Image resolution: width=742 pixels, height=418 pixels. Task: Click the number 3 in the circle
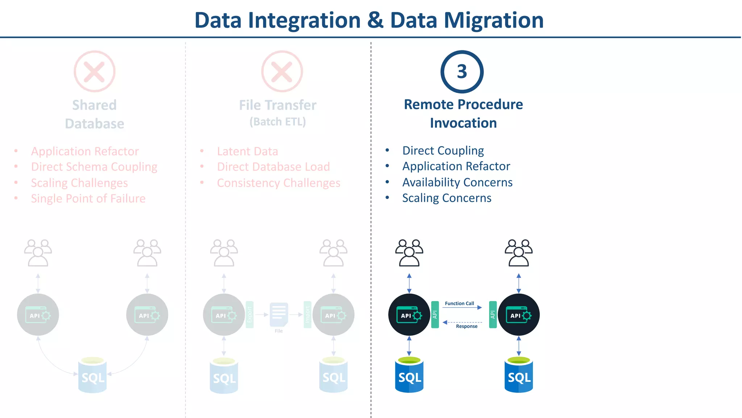point(462,71)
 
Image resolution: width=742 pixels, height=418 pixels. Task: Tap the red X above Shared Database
point(95,71)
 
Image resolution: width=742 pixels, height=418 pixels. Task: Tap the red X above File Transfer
point(282,71)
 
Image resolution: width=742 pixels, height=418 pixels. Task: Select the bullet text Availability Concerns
point(457,182)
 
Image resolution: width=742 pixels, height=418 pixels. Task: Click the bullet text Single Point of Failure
point(88,198)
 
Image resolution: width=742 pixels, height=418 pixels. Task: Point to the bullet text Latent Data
point(247,151)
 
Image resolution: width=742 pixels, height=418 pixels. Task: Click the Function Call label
point(459,303)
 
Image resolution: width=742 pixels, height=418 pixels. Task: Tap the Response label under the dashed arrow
point(467,326)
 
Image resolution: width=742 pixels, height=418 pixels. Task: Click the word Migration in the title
point(494,20)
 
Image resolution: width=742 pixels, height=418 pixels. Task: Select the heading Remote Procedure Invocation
point(463,114)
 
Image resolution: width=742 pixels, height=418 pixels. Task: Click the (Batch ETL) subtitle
point(278,122)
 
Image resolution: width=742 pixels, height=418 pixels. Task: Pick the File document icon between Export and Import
point(279,315)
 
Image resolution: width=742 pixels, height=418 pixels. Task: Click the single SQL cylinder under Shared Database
point(92,376)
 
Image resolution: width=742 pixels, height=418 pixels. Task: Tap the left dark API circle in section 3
point(409,315)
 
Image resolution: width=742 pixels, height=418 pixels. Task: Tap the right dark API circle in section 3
point(518,315)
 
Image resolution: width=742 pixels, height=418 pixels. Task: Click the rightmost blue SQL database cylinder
point(518,376)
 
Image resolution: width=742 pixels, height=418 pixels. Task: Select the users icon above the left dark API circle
point(409,253)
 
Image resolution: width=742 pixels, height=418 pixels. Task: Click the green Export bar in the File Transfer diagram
point(250,315)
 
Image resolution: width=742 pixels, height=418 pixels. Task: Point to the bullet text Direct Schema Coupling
point(94,167)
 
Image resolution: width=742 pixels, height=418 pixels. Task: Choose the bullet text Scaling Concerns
point(447,198)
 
